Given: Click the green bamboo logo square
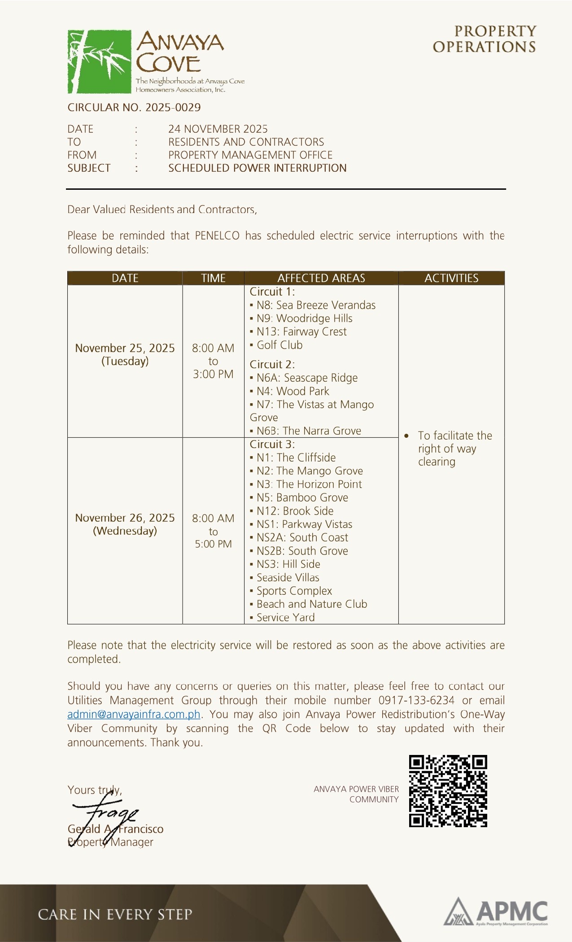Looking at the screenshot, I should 99,61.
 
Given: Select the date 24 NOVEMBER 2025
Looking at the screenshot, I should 218,129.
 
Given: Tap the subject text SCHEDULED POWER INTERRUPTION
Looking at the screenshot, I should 257,168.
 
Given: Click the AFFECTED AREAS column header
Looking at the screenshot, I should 321,278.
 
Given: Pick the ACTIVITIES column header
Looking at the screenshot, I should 451,278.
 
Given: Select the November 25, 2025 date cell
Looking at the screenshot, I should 125,354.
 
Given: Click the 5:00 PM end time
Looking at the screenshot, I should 213,544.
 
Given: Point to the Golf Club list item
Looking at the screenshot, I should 279,345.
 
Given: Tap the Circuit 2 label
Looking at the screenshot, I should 272,364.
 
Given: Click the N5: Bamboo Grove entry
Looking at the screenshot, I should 302,497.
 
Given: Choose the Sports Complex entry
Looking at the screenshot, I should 294,591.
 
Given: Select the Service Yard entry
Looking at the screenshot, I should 285,618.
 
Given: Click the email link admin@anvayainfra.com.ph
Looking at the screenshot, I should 134,714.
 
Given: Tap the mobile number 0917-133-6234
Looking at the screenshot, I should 416,700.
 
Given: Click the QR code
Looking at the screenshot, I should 448,791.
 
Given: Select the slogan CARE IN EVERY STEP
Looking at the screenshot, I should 115,914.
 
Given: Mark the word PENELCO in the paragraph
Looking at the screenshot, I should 217,236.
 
